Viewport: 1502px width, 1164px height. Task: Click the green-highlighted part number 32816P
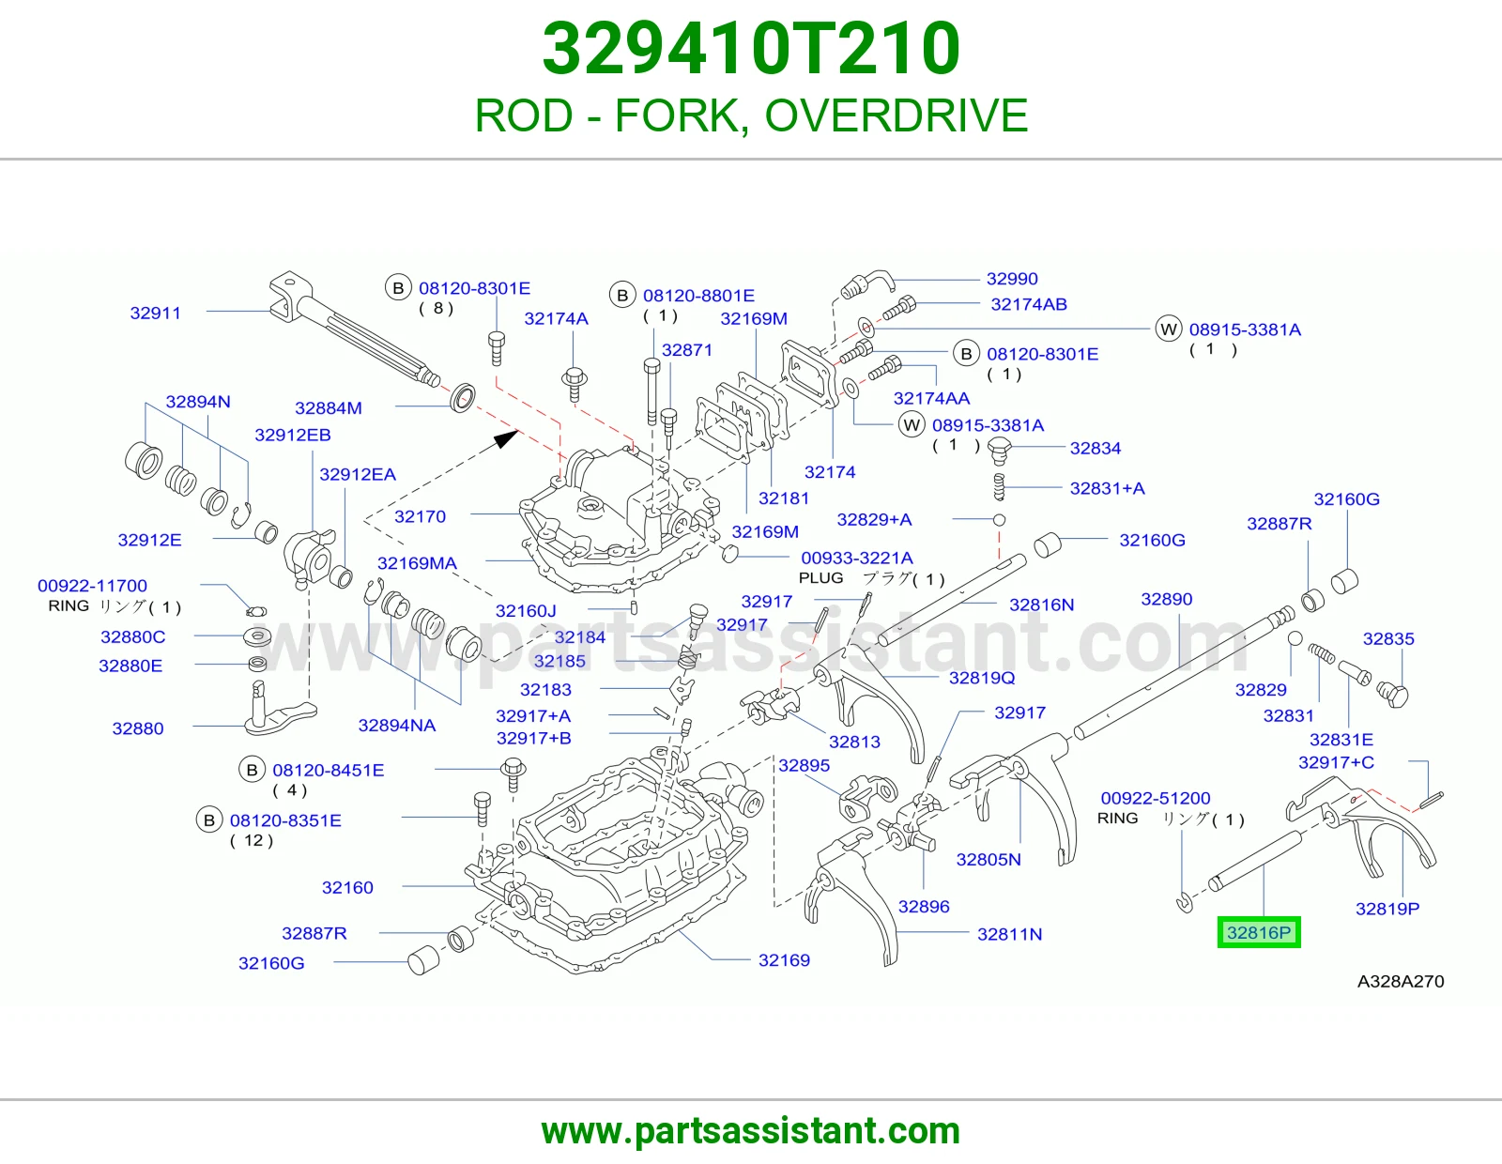(1259, 932)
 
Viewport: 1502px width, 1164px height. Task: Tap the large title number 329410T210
(751, 49)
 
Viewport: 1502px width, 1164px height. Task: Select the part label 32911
(156, 314)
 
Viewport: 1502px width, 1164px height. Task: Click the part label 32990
(1012, 279)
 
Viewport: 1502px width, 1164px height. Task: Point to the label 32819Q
(982, 678)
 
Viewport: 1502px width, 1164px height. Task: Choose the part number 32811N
(1010, 935)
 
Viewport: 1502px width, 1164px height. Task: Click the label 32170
(421, 516)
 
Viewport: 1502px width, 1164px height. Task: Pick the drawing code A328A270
(1401, 982)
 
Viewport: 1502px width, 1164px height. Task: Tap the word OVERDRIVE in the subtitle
(897, 115)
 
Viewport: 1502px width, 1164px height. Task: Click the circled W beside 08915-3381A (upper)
(1169, 329)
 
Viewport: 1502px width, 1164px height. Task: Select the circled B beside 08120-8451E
(253, 770)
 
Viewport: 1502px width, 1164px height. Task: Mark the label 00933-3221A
(857, 558)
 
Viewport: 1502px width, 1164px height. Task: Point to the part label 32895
(804, 765)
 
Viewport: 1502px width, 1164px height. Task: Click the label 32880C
(132, 636)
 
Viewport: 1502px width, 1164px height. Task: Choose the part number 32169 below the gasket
(784, 960)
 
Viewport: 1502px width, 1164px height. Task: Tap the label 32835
(1388, 638)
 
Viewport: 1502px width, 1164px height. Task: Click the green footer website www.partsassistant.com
(751, 1131)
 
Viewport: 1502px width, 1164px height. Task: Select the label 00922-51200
(1156, 798)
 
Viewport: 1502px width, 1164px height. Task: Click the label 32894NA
(397, 725)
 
